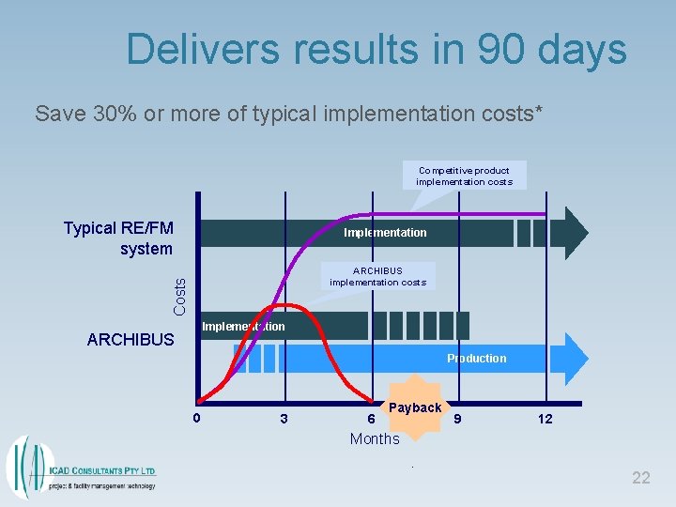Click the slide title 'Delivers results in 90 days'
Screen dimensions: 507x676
(x=376, y=49)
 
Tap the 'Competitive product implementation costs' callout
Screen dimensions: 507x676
(x=464, y=176)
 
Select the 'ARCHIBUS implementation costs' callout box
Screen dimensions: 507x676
(x=377, y=276)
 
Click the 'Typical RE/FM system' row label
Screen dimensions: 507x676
(x=118, y=238)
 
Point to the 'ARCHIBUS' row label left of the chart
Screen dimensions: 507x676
(x=131, y=340)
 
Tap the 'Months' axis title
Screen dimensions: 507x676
(x=375, y=438)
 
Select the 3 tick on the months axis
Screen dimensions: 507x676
(x=284, y=420)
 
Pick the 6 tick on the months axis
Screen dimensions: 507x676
(x=371, y=420)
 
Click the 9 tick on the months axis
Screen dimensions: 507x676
(x=458, y=419)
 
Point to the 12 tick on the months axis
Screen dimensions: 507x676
(x=545, y=419)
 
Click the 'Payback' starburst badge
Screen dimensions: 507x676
(x=414, y=407)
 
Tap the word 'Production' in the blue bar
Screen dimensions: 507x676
(x=476, y=359)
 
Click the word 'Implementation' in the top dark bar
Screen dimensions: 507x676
(x=385, y=233)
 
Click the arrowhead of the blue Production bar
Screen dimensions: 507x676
(x=575, y=359)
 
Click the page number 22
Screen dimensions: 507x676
(x=640, y=478)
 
